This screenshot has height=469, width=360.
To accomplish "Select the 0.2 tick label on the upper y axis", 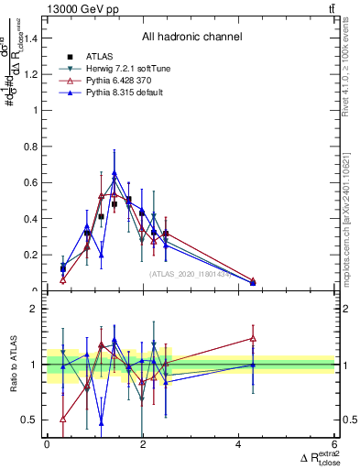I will point(31,255).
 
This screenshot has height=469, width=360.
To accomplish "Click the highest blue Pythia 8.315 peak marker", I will point(115,172).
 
